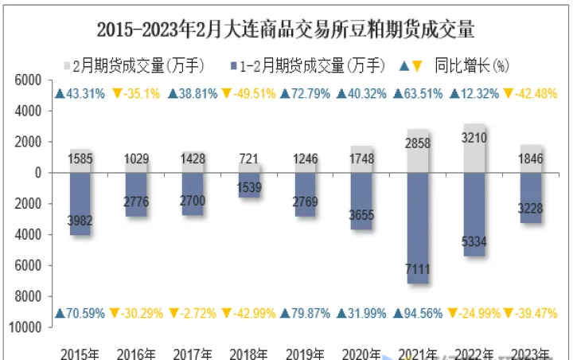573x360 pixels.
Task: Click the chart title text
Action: click(x=286, y=30)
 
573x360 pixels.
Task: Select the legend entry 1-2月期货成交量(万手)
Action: click(x=310, y=65)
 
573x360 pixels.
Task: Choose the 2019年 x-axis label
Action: click(x=306, y=353)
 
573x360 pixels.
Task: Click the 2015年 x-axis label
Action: click(x=80, y=353)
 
